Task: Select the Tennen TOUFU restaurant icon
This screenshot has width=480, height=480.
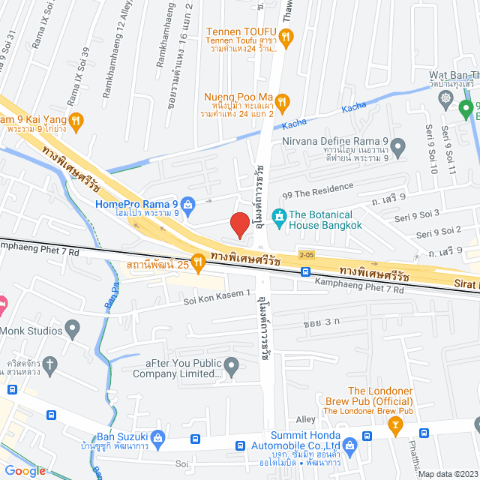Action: coord(286,35)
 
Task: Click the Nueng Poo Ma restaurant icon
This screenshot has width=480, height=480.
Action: coord(282,100)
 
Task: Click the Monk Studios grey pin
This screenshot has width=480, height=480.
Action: coord(73,328)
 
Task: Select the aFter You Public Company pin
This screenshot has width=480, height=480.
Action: coord(231,366)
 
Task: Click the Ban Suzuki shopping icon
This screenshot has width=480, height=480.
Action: coord(157,437)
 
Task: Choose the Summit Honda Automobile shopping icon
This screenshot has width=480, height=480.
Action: coord(367,437)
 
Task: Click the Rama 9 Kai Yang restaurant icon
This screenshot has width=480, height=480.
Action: coord(76,120)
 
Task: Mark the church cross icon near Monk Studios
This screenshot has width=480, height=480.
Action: coord(50,365)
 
